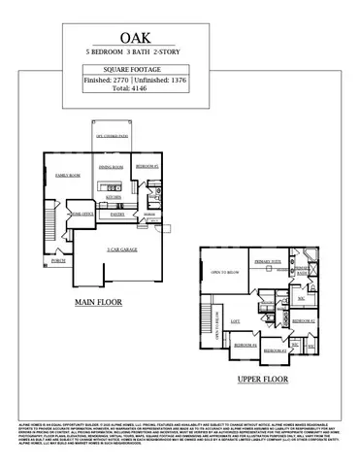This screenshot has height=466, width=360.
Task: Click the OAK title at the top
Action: point(180,33)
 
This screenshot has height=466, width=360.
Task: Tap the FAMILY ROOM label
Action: point(67,175)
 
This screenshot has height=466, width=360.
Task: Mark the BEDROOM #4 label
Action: point(245,345)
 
